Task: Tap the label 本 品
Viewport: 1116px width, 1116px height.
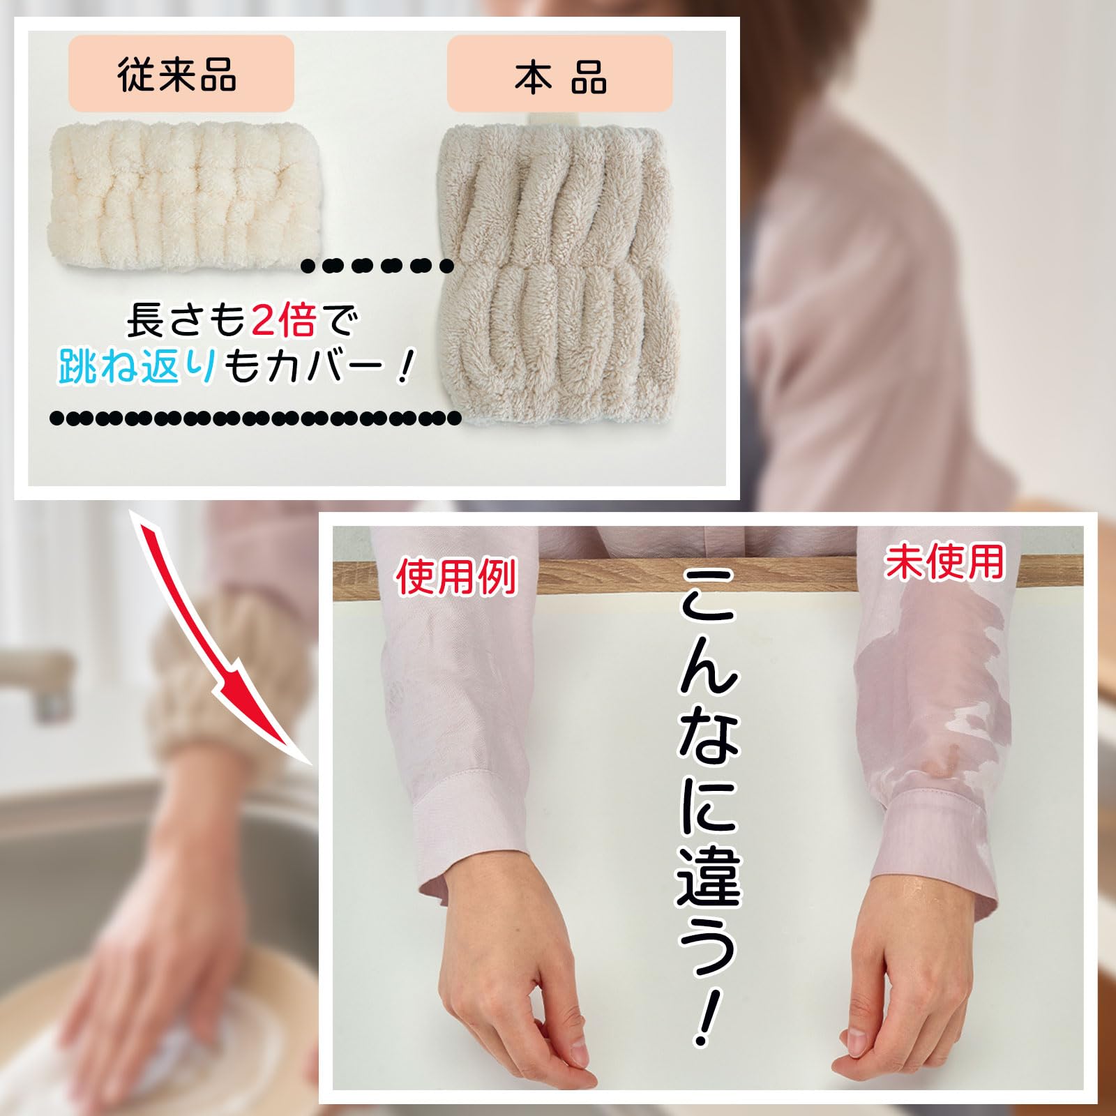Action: point(559,75)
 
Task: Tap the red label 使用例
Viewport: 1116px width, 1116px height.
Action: point(456,577)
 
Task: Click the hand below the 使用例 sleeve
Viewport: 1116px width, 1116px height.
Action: point(509,976)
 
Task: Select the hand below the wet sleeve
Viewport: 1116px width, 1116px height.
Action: point(907,976)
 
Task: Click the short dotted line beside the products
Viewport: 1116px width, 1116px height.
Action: point(377,265)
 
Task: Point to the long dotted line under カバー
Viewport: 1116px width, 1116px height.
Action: point(255,418)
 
